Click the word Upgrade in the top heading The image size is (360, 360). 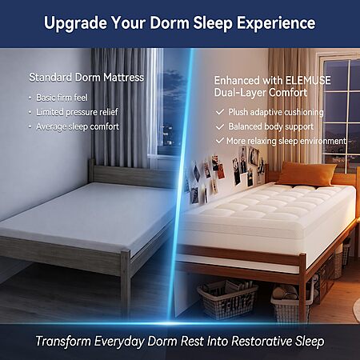[75, 23]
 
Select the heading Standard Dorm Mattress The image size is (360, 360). [86, 78]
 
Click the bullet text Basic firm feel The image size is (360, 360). [62, 98]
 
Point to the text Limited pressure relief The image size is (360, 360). [77, 112]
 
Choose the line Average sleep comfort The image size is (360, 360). [78, 126]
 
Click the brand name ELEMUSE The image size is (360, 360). [308, 80]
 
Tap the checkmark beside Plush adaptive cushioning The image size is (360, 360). [220, 112]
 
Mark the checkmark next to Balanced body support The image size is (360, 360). [220, 126]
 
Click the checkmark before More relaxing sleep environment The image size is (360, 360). [219, 140]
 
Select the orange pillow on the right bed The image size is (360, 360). [306, 174]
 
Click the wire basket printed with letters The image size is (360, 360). [227, 300]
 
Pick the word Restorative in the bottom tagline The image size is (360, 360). [262, 341]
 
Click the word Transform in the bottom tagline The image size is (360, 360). [63, 341]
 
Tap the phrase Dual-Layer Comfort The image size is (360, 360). [261, 93]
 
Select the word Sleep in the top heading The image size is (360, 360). [213, 23]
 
